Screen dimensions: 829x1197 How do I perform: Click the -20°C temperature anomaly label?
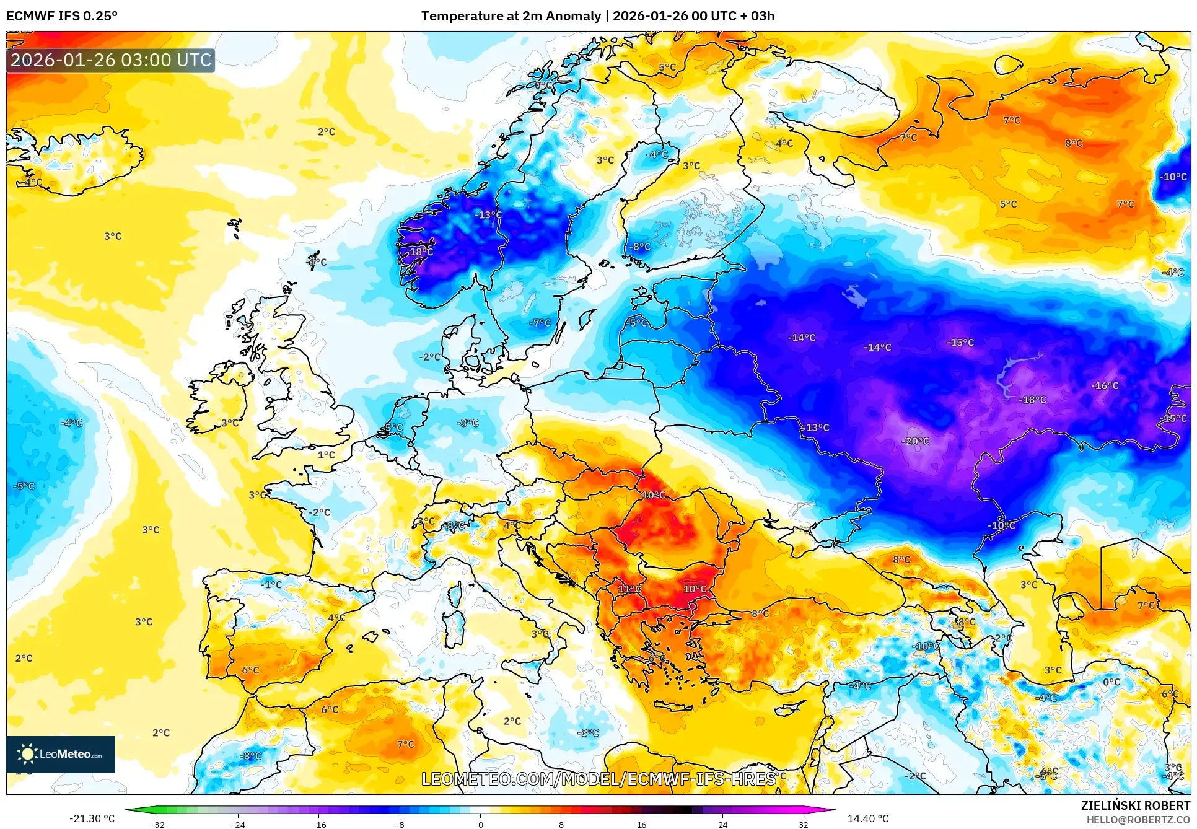click(x=915, y=441)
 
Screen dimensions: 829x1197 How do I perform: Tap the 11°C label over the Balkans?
click(x=629, y=589)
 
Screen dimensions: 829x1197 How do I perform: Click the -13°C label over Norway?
click(x=488, y=215)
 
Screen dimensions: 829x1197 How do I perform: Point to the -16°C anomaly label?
click(x=1105, y=385)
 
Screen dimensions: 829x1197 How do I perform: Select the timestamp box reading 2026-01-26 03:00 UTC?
click(x=111, y=60)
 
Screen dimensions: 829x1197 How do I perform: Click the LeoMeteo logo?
click(x=61, y=754)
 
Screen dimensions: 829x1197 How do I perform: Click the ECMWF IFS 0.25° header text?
click(x=62, y=16)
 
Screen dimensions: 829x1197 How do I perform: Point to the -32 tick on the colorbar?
click(x=157, y=824)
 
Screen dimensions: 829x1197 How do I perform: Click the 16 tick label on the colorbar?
click(x=641, y=824)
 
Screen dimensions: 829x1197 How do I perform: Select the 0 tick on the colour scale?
click(x=481, y=824)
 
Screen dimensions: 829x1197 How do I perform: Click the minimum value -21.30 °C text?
click(x=92, y=818)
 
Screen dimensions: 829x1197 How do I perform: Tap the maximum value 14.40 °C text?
click(x=867, y=818)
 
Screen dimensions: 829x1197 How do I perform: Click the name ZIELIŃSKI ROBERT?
click(x=1136, y=805)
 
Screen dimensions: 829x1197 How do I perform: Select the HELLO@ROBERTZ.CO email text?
click(x=1138, y=820)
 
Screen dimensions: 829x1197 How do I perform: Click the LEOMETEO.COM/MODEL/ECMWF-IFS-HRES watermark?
click(x=598, y=779)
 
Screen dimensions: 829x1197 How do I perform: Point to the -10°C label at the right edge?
click(x=1173, y=177)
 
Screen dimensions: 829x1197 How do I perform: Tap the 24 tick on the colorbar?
click(x=722, y=824)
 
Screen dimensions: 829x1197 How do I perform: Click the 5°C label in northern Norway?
click(x=667, y=68)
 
